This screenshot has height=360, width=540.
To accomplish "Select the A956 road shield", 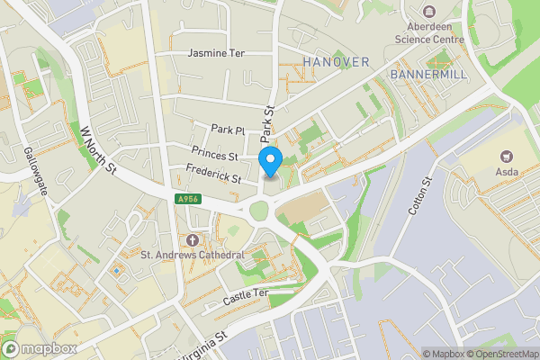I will pos(187,199).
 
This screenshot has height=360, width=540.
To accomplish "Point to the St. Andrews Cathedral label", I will pos(193,255).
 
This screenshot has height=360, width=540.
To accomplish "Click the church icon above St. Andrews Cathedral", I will pos(193,240).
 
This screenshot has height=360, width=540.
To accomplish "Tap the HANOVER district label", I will pos(337,61).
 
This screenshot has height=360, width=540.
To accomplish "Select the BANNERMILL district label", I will pos(428,74).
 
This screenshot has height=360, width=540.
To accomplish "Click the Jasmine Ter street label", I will pos(216,54).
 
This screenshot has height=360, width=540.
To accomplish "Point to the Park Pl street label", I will pos(228,130).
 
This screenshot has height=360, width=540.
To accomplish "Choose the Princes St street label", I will pos(214,154).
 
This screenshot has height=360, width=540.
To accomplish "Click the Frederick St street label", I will pos(213,173).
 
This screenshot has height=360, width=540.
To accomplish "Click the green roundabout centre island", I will pos(260,211).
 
